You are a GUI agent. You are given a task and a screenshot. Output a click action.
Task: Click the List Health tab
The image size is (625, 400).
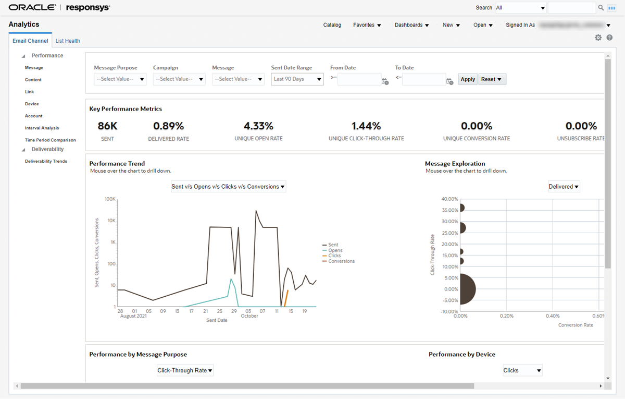pos(68,41)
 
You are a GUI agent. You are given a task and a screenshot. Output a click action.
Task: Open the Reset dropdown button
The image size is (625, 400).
pos(492,79)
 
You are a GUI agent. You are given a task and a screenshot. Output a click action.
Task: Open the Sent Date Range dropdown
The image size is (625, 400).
pos(297,79)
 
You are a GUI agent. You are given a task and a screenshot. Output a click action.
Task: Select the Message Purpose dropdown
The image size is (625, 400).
pos(120,79)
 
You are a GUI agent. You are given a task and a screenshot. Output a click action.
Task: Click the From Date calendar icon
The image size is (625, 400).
pos(385,81)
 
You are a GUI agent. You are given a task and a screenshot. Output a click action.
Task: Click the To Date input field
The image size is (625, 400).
pos(423,79)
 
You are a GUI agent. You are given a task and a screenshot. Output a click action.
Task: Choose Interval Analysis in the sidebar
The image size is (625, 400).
pos(42,128)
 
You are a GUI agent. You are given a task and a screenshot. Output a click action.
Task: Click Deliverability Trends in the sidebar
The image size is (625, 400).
pos(46,162)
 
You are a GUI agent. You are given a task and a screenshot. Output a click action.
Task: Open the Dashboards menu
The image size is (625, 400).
pos(411,25)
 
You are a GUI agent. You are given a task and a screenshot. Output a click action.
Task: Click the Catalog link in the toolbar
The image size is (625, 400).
pos(332,25)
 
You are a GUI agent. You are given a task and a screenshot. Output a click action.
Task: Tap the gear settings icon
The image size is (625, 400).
pos(598,38)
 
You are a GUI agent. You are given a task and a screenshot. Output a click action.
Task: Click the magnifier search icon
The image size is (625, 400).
pos(601,8)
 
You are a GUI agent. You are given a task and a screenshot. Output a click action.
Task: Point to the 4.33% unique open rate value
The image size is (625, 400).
pos(258,126)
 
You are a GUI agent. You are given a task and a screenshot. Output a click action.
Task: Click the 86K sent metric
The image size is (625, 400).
pos(108,126)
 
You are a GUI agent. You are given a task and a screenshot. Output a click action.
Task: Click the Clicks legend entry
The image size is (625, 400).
pos(334,256)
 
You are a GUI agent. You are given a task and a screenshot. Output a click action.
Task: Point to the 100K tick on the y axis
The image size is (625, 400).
pos(109,199)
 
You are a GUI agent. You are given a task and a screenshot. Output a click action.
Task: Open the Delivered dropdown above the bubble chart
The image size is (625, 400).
pos(564,187)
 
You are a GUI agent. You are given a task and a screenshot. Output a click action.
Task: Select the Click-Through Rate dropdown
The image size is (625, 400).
pos(185,371)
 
